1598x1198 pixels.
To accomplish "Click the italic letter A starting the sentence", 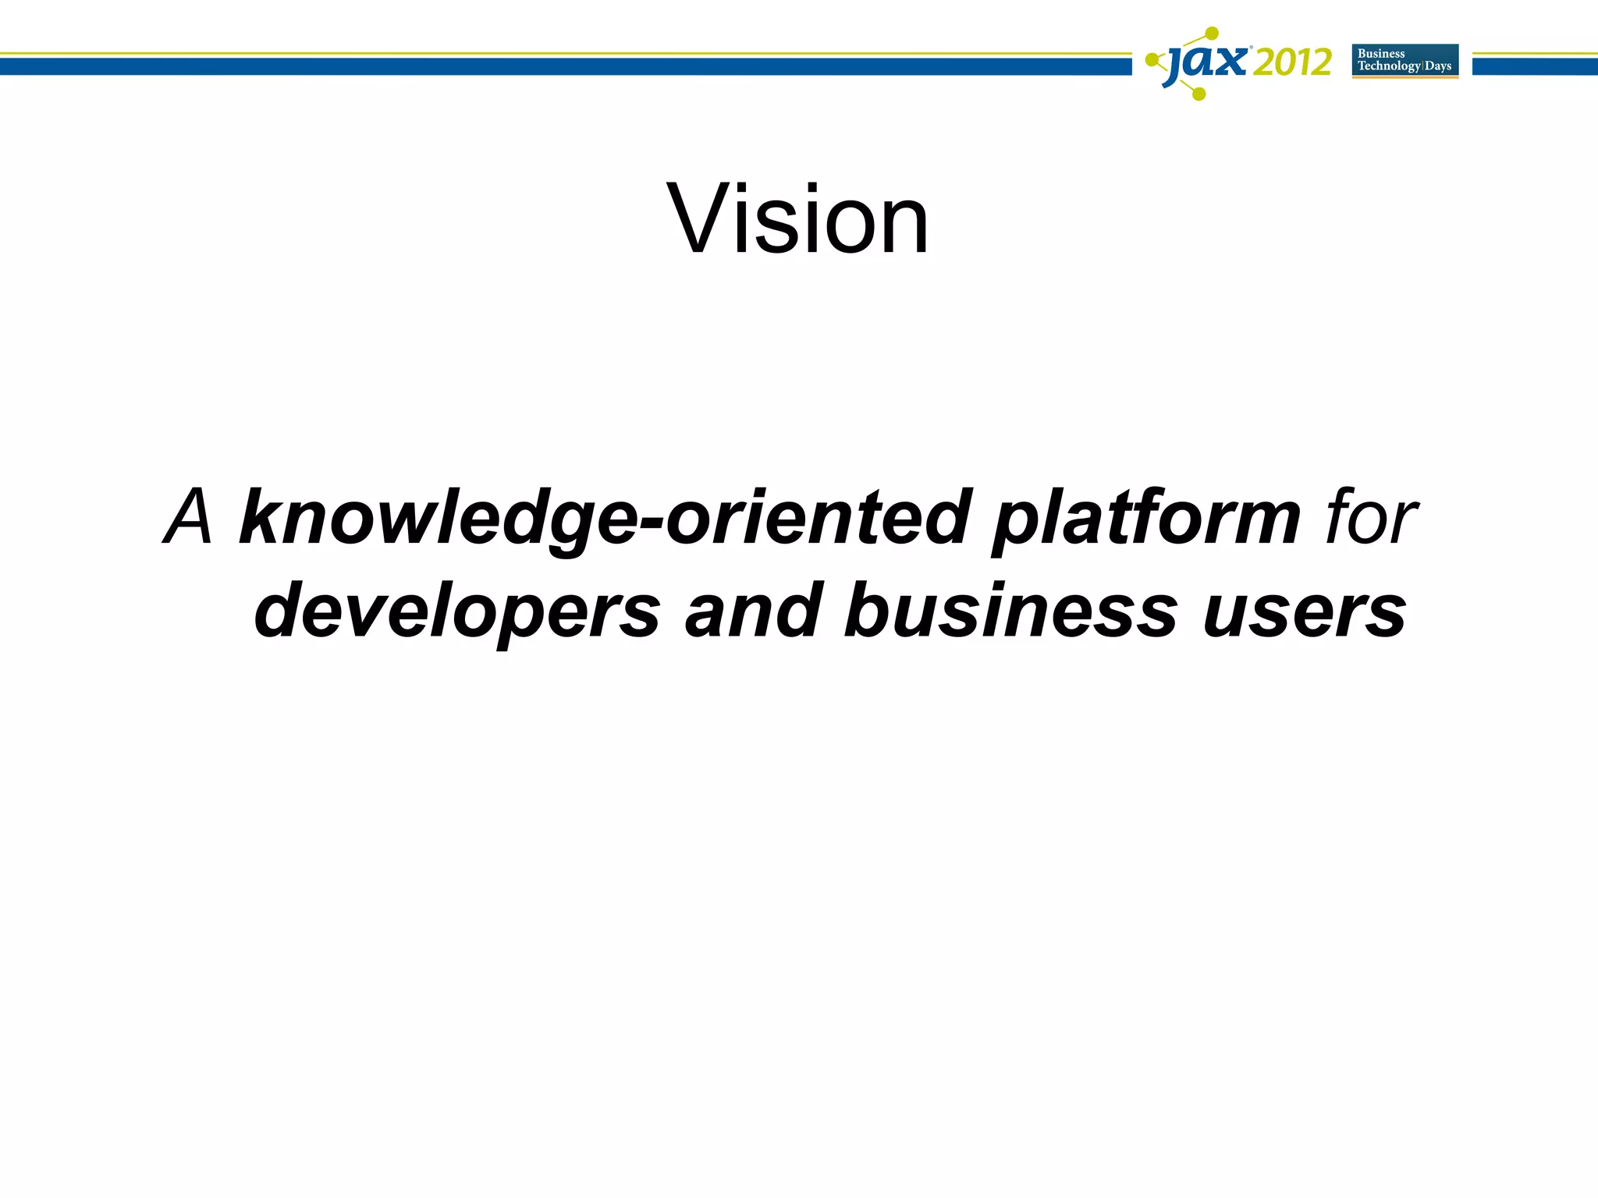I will point(190,516).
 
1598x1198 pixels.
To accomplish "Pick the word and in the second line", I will point(753,610).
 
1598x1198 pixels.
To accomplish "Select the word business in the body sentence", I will point(1010,610).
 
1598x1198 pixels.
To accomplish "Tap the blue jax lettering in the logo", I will point(1206,62).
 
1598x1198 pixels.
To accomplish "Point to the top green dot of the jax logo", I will point(1211,34).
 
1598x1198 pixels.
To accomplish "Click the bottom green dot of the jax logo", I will point(1200,95).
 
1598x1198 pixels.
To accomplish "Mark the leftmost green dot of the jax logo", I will point(1151,60).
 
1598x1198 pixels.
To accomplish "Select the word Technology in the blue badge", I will point(1389,66).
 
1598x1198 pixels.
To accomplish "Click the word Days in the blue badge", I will point(1438,66).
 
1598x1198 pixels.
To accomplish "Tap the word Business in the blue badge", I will point(1381,54).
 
